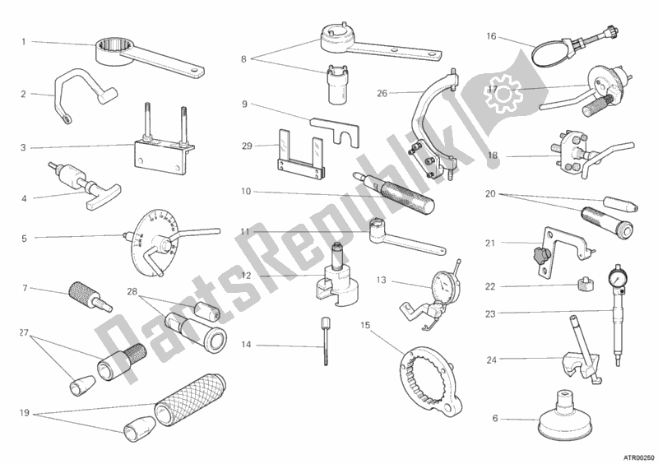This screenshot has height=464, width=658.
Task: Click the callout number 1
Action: pos(24,42)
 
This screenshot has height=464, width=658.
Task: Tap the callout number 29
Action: pos(247,146)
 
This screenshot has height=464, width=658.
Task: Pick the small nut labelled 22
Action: pos(584,285)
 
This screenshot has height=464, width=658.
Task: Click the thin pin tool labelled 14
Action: pos(325,341)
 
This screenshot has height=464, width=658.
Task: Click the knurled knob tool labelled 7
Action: pos(90,297)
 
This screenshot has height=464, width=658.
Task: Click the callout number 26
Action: pos(382,93)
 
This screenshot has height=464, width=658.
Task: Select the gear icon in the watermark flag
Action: pos(503,94)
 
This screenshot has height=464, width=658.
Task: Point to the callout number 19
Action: pos(25,413)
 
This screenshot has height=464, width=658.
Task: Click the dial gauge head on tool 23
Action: pos(618,274)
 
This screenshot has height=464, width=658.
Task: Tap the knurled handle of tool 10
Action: pos(409,197)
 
